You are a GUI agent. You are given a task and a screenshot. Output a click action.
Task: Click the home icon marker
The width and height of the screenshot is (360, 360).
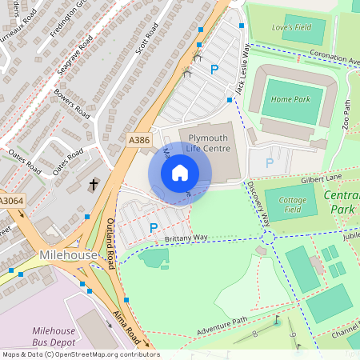[x=180, y=173]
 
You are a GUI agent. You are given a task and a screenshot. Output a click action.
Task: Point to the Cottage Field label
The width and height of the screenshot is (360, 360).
[x=286, y=205]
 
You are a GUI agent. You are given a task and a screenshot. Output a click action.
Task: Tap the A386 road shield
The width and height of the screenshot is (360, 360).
[x=139, y=139]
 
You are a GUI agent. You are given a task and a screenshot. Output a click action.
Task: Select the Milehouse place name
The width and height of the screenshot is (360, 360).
[x=68, y=254]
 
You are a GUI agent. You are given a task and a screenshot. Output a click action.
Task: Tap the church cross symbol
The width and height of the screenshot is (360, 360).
[x=93, y=185]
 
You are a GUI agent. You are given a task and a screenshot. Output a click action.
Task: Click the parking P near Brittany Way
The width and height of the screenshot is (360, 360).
[x=154, y=228]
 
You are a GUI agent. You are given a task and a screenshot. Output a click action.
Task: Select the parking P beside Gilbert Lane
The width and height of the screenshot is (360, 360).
[x=270, y=163]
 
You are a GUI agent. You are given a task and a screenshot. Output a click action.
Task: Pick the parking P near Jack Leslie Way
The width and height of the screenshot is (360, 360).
[x=214, y=70]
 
